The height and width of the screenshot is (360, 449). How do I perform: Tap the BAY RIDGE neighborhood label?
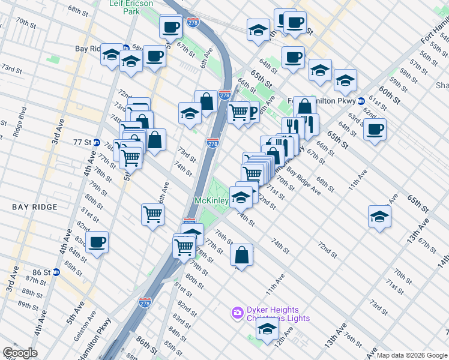pyautogui.click(x=35, y=207)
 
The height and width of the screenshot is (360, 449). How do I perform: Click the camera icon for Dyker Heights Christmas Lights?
pyautogui.click(x=237, y=313)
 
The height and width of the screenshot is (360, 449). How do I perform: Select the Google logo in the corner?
pyautogui.click(x=19, y=353)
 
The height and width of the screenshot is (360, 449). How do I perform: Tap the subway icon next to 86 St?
pyautogui.click(x=56, y=272)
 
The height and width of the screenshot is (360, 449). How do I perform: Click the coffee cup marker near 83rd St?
pyautogui.click(x=97, y=242)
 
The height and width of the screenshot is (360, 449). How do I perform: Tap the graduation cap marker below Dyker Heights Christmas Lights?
pyautogui.click(x=267, y=329)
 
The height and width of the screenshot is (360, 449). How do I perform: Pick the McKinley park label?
pyautogui.click(x=211, y=200)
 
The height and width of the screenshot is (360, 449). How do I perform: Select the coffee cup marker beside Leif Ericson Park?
pyautogui.click(x=170, y=27)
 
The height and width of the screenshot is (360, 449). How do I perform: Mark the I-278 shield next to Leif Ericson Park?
pyautogui.click(x=193, y=22)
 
